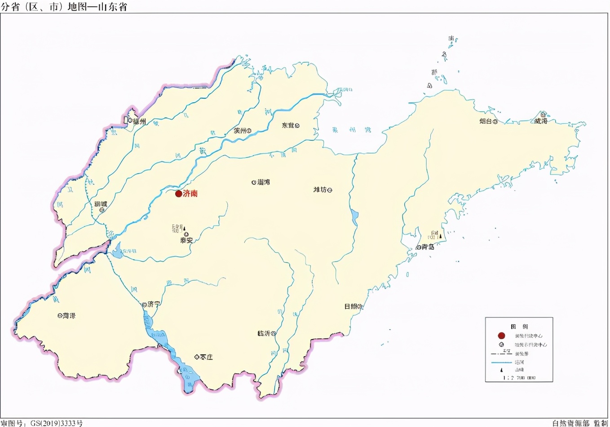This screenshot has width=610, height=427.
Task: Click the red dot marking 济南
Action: [x=178, y=194]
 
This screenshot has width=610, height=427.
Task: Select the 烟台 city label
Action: [x=485, y=121]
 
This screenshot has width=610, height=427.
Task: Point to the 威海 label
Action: [x=540, y=121]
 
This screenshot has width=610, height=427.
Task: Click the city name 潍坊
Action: [x=320, y=190]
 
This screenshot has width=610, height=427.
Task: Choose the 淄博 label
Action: [x=263, y=182]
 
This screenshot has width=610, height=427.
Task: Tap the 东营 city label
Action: [x=287, y=125]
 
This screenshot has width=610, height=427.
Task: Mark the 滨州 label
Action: [x=240, y=131]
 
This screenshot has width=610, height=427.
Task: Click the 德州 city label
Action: [x=139, y=121]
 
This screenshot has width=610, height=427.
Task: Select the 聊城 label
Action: [x=101, y=204]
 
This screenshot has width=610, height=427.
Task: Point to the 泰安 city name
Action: [x=186, y=240]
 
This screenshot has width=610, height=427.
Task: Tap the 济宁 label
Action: [x=154, y=304]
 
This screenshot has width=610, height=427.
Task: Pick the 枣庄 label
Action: [x=206, y=357]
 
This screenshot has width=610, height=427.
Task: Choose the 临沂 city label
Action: [x=264, y=333]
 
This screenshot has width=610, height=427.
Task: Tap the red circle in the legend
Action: [x=501, y=335]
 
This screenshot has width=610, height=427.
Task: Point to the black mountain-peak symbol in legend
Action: [x=502, y=370]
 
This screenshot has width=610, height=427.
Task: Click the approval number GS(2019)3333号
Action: [x=56, y=423]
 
